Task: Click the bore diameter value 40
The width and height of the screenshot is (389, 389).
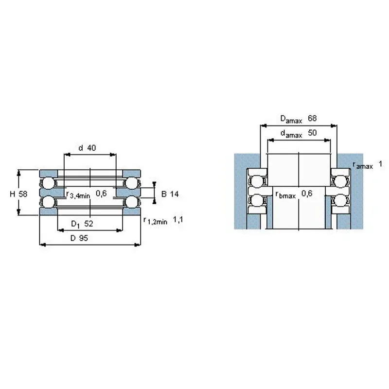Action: pyautogui.click(x=91, y=148)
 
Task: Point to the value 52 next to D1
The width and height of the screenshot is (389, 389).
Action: pyautogui.click(x=88, y=224)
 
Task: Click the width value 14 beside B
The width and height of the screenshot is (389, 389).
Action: pyautogui.click(x=174, y=194)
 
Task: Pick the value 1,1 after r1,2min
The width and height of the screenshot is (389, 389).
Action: pyautogui.click(x=178, y=220)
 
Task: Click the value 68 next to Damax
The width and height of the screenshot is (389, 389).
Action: pyautogui.click(x=313, y=118)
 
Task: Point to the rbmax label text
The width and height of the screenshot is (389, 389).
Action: pyautogui.click(x=286, y=194)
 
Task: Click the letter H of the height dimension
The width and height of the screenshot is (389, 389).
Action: pyautogui.click(x=12, y=194)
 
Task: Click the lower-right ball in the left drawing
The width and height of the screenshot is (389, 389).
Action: pyautogui.click(x=131, y=201)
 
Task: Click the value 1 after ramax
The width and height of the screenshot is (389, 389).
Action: pyautogui.click(x=380, y=164)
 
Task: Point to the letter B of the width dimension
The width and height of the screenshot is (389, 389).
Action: pyautogui.click(x=164, y=194)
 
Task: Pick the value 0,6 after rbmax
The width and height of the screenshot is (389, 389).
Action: pyautogui.click(x=307, y=194)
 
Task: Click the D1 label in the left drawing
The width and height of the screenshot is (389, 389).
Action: pyautogui.click(x=75, y=224)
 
